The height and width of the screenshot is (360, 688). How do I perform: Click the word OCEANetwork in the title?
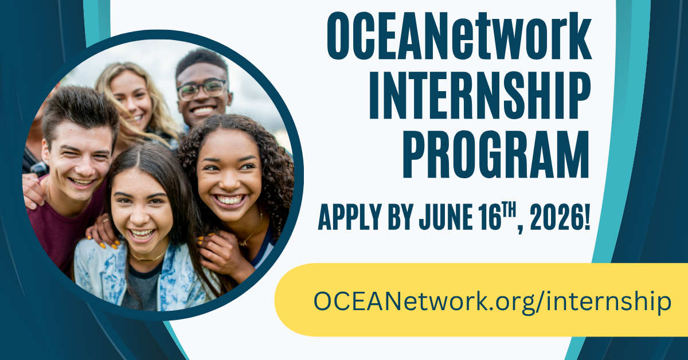coord(459,36)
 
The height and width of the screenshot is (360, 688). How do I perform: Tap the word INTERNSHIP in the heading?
coord(479,95)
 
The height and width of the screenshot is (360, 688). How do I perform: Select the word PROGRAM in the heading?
coord(497,155)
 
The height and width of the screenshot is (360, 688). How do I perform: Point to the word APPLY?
coord(350,217)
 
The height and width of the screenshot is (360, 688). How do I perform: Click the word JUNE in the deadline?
coord(446,217)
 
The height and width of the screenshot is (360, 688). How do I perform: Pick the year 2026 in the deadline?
coord(556,217)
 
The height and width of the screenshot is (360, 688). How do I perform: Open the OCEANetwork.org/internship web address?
coord(492,303)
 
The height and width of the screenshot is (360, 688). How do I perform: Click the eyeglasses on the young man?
coord(202,89)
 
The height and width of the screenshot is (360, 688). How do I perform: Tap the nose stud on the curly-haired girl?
coord(237,185)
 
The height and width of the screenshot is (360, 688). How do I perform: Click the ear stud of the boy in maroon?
coord(46,162)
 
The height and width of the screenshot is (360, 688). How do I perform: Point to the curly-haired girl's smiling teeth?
coord(229,200)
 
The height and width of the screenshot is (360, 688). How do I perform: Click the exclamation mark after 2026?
coord(587,217)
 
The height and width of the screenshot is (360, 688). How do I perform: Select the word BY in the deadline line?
coord(400,217)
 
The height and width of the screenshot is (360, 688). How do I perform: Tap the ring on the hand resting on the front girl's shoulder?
coord(105,220)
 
